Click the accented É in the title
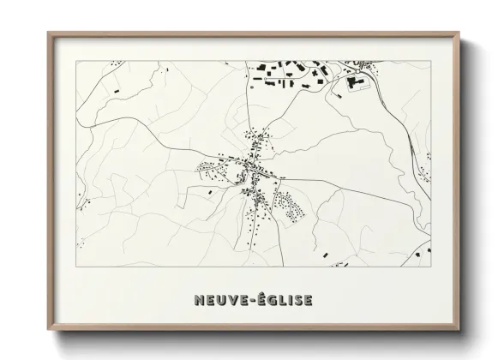(x=253, y=300)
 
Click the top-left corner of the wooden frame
(x=48, y=33)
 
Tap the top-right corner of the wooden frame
(x=459, y=33)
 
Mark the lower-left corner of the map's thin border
(x=76, y=267)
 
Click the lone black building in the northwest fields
(x=115, y=88)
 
